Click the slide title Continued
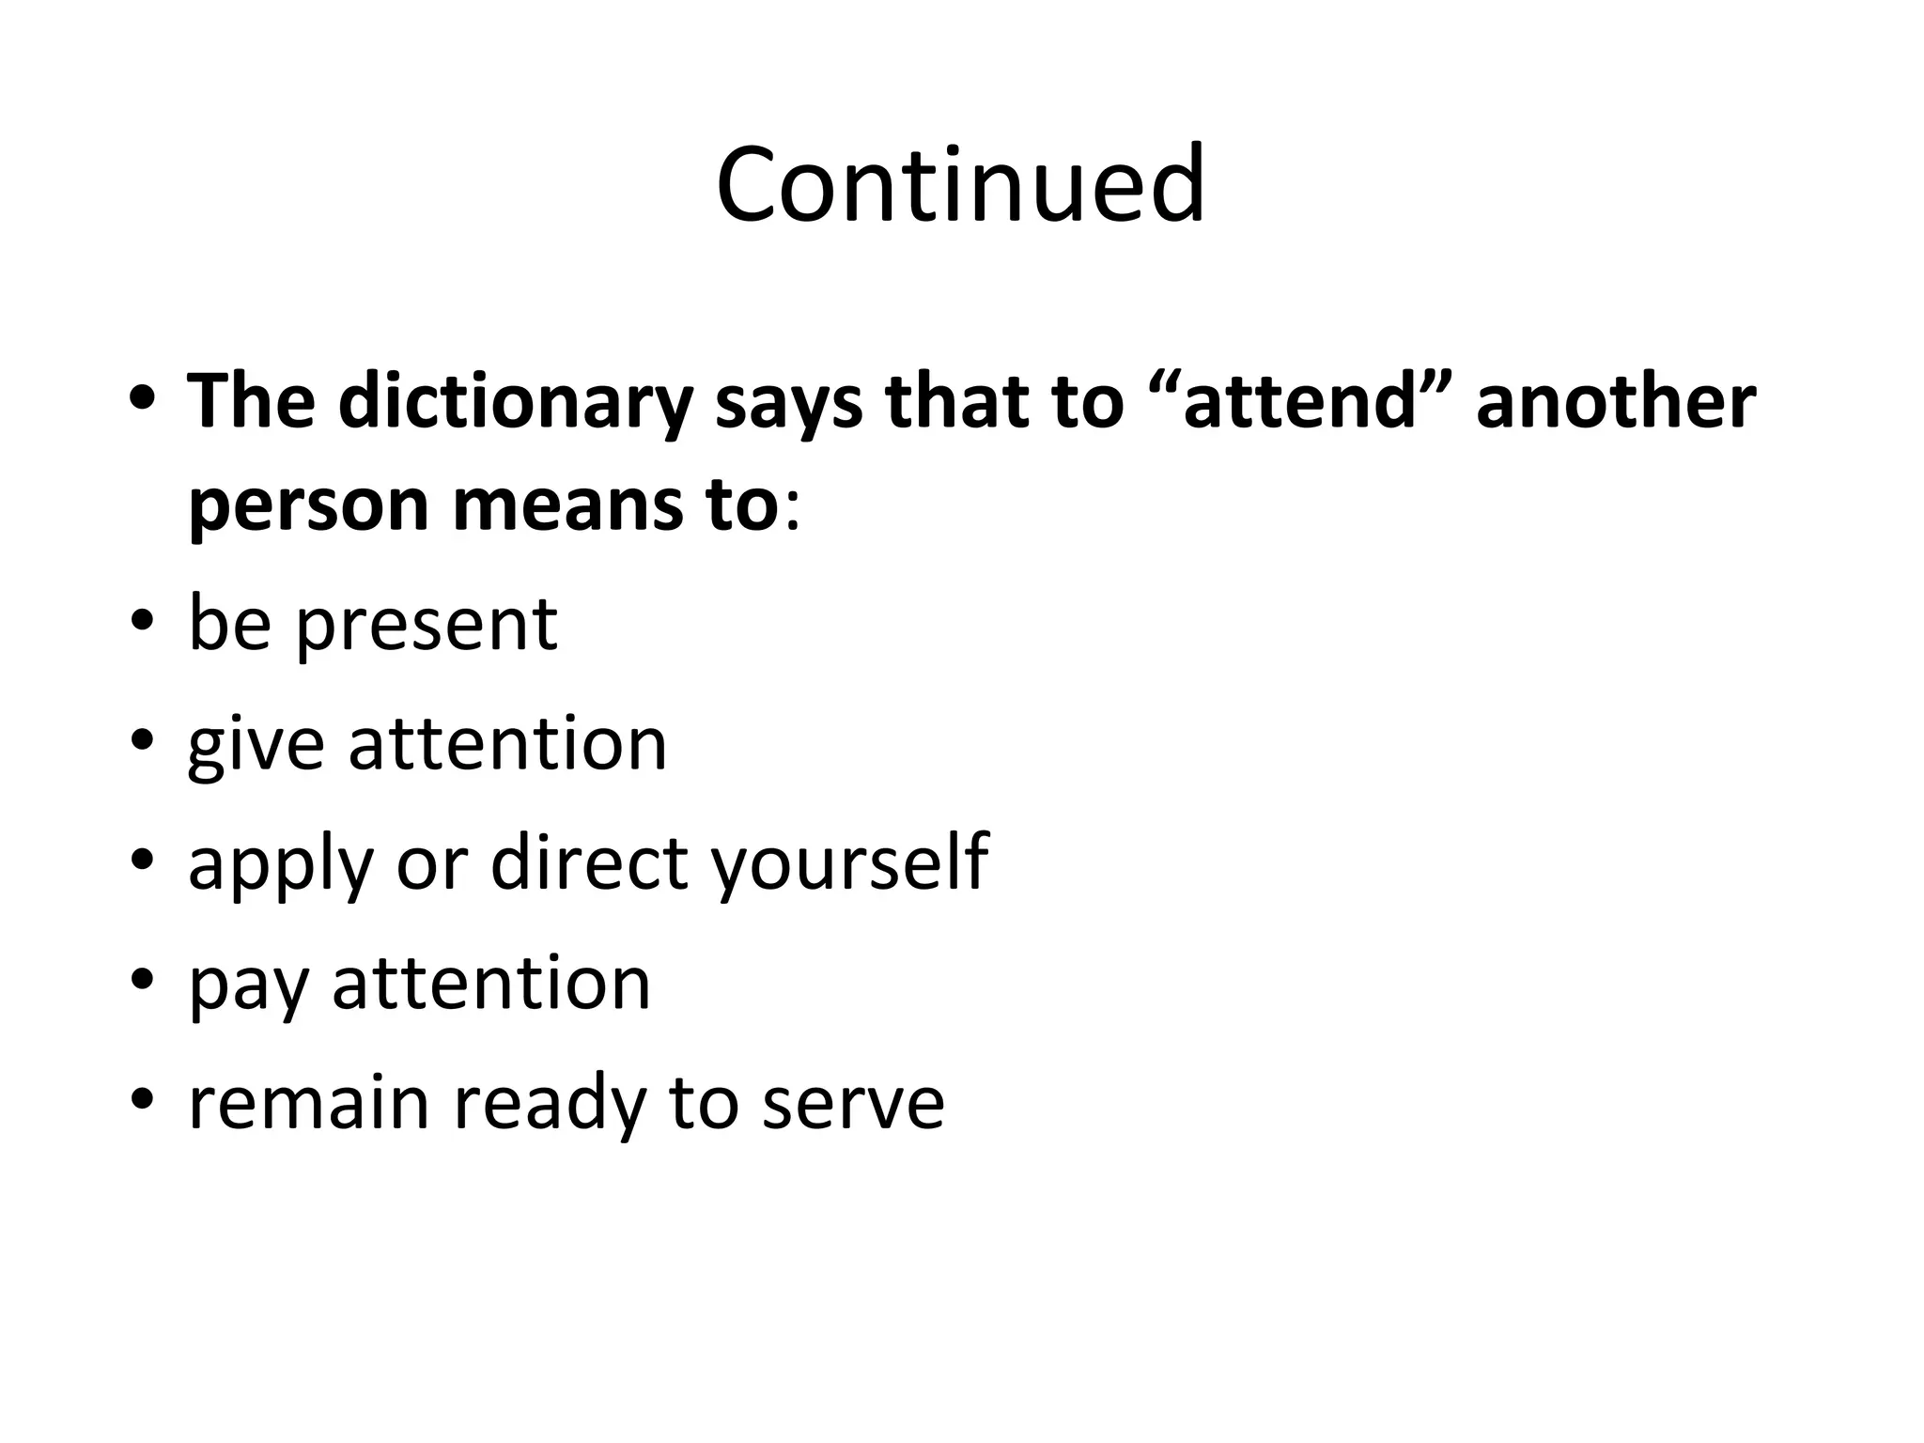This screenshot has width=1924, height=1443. tap(960, 184)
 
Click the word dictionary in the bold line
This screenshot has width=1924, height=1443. tap(514, 402)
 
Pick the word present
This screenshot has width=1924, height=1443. tap(427, 624)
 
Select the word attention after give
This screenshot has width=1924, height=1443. tap(507, 744)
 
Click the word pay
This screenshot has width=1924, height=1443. tap(248, 985)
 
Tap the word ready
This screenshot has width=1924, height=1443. tap(549, 1103)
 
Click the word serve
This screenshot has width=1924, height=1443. tap(852, 1103)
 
